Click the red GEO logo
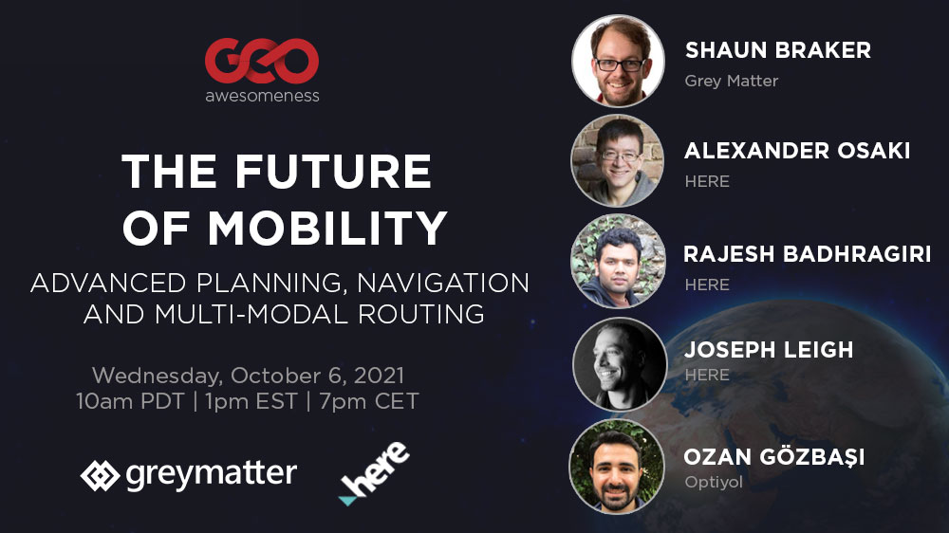point(262,61)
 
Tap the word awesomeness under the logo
point(262,96)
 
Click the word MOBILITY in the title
point(327,228)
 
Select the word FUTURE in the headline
point(333,172)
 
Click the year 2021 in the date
point(379,376)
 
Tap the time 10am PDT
point(130,401)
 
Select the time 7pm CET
point(368,401)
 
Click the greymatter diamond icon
point(100,475)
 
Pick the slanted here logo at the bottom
point(373,473)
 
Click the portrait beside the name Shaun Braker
point(618,61)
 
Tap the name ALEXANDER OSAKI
point(797,151)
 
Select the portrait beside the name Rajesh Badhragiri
point(618,262)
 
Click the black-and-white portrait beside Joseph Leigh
point(619,365)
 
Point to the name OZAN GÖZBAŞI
point(774,457)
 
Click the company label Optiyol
point(714,482)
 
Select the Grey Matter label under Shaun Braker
point(731,81)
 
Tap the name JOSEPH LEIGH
point(769,350)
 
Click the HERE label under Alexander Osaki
point(707,181)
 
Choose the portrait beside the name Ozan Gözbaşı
point(617,467)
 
